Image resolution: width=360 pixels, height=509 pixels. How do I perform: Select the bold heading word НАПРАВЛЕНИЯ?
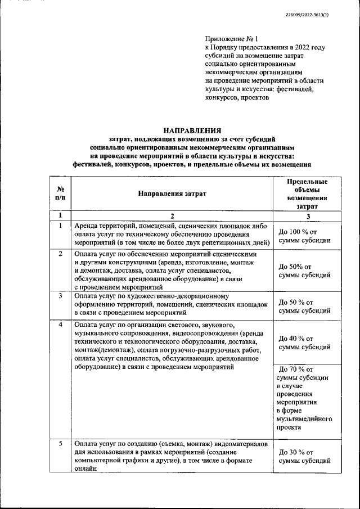(191, 130)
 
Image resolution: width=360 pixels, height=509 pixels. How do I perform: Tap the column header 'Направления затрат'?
(172, 193)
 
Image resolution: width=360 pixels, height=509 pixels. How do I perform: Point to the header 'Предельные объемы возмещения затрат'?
(307, 194)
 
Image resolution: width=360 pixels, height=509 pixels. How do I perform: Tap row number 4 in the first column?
(60, 325)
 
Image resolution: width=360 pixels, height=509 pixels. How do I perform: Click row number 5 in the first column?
(60, 444)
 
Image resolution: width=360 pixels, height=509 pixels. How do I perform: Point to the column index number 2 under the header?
(172, 216)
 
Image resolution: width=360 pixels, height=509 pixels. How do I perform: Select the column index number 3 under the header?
(307, 216)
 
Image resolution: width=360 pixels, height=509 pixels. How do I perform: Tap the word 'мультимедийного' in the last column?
(304, 419)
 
